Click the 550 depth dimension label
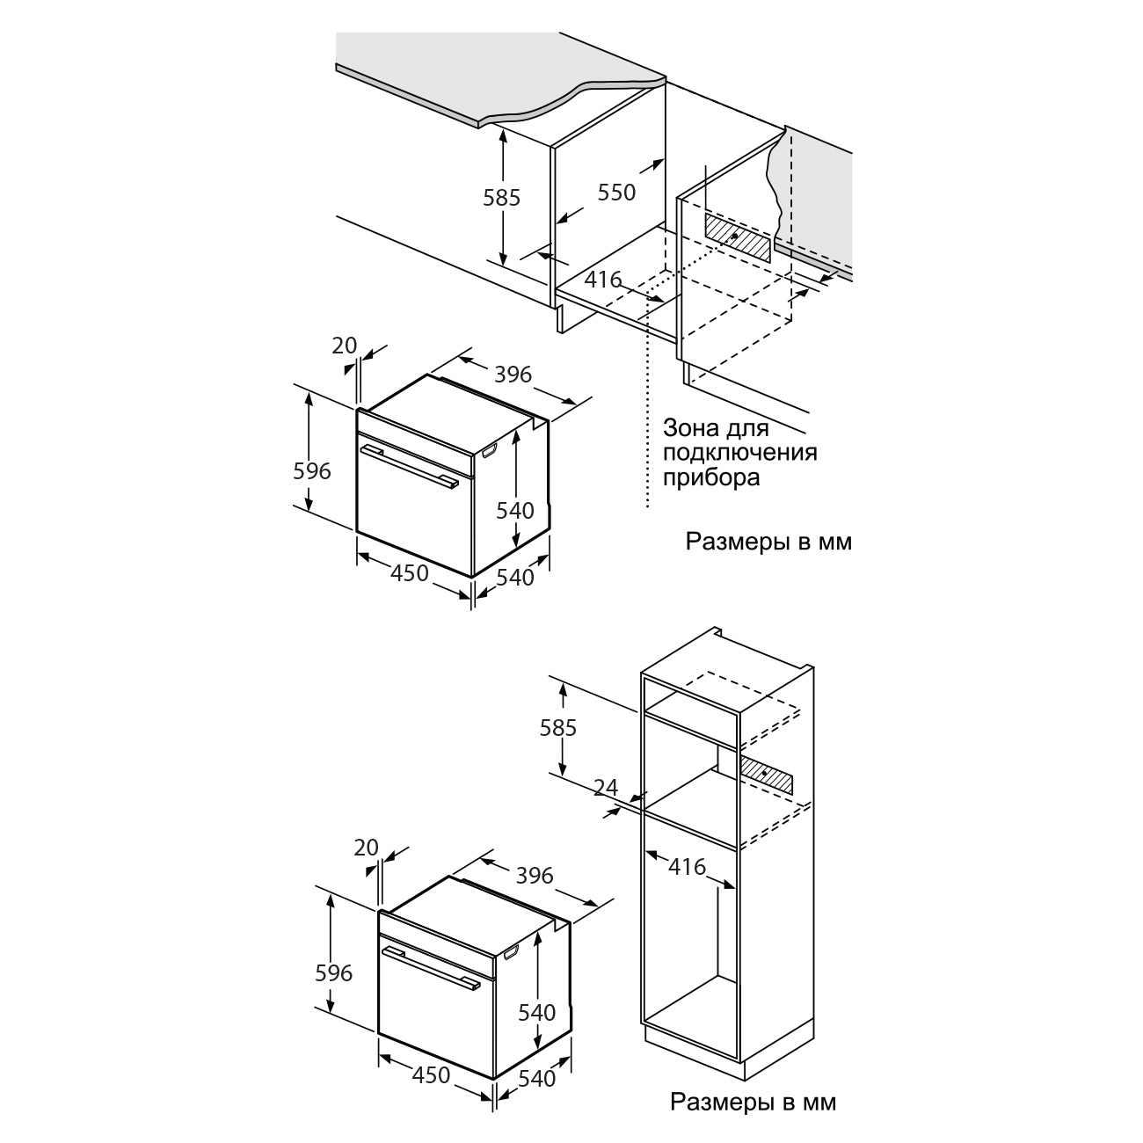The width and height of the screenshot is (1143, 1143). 616,193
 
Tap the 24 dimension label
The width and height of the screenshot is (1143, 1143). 606,787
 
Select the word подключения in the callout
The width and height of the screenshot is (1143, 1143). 739,453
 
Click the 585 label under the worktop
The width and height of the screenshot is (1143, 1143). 501,198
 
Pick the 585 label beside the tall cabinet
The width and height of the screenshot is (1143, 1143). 557,728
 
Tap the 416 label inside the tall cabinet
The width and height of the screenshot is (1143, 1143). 687,867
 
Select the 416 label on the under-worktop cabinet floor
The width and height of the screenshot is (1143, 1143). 602,280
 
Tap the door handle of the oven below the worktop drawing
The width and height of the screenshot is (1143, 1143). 409,467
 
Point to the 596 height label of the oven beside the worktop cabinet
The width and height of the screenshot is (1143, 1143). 312,471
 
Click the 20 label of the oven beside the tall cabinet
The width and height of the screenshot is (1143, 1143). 366,848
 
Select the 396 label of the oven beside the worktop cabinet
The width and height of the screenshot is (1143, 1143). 513,375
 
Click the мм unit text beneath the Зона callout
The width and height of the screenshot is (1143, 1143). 835,542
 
